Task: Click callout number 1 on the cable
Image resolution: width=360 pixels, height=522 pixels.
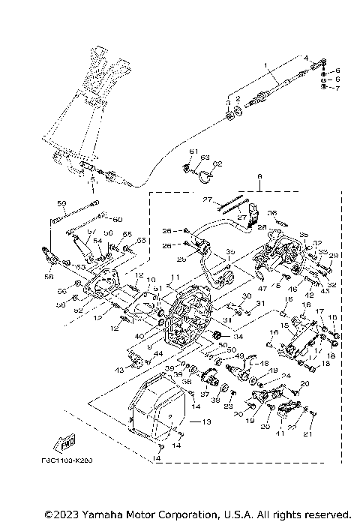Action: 265,67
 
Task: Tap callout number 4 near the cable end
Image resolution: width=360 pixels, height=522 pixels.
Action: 306,58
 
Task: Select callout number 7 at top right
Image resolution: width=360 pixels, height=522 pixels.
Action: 337,88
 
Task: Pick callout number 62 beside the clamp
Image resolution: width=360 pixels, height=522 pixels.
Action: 218,163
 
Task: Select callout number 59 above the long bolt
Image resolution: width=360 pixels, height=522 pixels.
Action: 62,202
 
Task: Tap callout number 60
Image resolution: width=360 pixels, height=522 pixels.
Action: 118,219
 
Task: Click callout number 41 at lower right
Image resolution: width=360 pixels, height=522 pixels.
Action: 280,433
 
